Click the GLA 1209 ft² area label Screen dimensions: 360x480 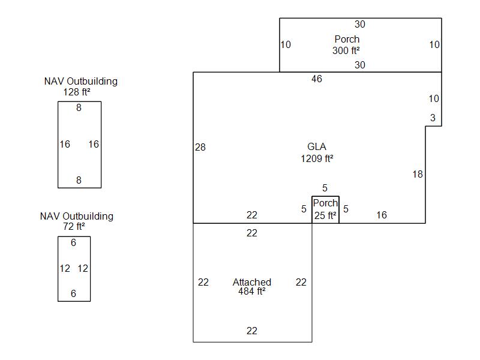tap(317, 153)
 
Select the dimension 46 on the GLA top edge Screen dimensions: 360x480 tap(317, 79)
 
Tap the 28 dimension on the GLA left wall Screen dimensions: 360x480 tap(200, 147)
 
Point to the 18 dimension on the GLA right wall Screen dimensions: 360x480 tap(418, 174)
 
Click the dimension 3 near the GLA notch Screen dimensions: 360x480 tap(433, 118)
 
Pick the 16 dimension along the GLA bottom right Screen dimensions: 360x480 tap(382, 215)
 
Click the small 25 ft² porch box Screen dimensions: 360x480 tap(325, 210)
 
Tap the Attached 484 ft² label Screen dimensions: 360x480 tap(252, 287)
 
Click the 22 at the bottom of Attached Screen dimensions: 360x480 tap(252, 331)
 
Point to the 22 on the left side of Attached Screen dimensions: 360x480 tap(203, 282)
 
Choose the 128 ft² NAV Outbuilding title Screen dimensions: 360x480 tap(80, 86)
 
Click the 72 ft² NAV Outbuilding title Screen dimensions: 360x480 tap(76, 221)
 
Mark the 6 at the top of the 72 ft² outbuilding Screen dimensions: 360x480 tap(74, 242)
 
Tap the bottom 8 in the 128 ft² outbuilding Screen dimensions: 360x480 tap(79, 180)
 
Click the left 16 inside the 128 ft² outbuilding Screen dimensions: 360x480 tap(65, 144)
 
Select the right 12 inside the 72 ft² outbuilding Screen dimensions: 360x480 tap(83, 268)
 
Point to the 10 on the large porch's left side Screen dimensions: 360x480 tap(286, 44)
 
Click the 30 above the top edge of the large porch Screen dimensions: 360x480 tap(360, 25)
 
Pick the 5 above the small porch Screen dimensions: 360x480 tap(325, 188)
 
